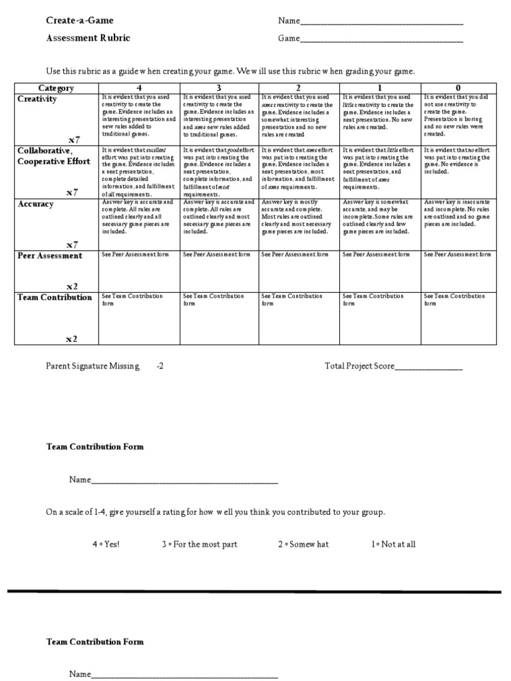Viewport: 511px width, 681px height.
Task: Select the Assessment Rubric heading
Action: click(88, 38)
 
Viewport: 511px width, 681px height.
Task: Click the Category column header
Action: click(56, 88)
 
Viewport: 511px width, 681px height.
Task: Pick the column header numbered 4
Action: click(138, 88)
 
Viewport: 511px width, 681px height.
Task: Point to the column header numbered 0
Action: click(458, 88)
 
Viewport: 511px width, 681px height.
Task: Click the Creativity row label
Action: click(37, 99)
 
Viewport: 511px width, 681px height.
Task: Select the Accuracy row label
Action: click(35, 204)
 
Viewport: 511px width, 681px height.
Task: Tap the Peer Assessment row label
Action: click(50, 255)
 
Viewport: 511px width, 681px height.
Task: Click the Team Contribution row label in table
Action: click(55, 297)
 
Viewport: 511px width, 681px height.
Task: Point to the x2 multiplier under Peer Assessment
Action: click(72, 285)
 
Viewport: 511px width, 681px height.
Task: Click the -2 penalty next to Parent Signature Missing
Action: click(160, 366)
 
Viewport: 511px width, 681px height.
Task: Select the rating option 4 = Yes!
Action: click(106, 544)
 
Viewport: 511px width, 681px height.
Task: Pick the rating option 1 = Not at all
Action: click(393, 544)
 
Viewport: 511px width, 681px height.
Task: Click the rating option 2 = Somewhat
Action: click(303, 544)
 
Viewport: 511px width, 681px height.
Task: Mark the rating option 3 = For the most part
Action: click(199, 544)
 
